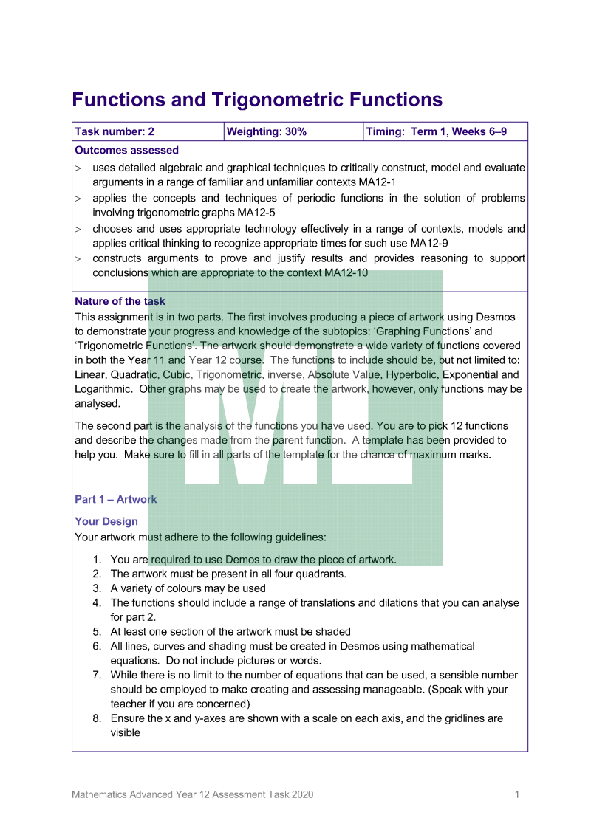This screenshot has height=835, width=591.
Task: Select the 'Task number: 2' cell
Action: [115, 132]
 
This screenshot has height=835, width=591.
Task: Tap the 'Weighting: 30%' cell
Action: [266, 132]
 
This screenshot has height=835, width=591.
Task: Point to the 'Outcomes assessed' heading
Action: [126, 151]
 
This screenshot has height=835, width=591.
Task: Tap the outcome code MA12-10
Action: [346, 272]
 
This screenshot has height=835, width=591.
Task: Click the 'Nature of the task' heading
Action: [120, 301]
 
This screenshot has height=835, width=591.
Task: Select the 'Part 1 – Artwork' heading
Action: [116, 499]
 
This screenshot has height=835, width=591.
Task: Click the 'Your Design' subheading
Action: [106, 521]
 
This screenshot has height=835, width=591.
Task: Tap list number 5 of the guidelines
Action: [97, 631]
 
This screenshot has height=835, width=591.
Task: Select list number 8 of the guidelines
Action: [97, 718]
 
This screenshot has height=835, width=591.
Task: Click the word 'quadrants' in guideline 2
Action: [320, 574]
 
